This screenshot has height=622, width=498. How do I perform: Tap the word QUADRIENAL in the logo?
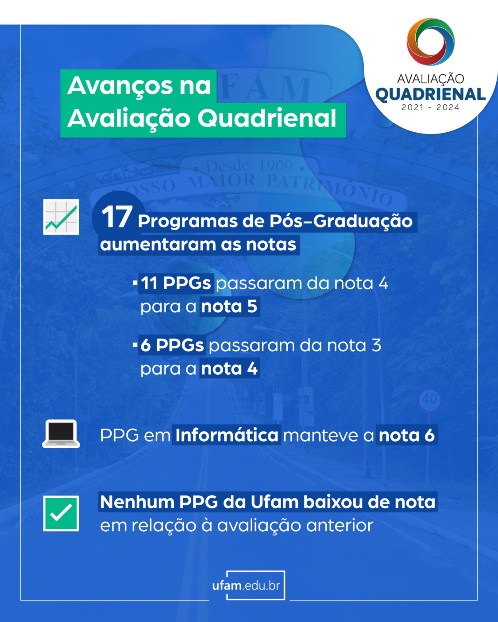click(430, 95)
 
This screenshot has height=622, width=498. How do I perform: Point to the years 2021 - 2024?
click(430, 108)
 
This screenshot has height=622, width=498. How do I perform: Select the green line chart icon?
click(61, 217)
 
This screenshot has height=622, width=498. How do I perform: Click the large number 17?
click(117, 217)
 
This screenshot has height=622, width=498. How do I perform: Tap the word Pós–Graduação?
click(341, 222)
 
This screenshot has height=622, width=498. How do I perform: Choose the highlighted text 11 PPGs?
click(176, 283)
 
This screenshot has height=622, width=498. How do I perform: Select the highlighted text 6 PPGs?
click(172, 345)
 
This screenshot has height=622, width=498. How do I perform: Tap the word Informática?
click(227, 435)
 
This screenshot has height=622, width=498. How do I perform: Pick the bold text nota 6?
click(407, 435)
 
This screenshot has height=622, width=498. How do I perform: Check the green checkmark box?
click(61, 514)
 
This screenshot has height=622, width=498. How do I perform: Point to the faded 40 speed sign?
click(430, 400)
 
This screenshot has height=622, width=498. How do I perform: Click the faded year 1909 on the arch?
click(276, 166)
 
